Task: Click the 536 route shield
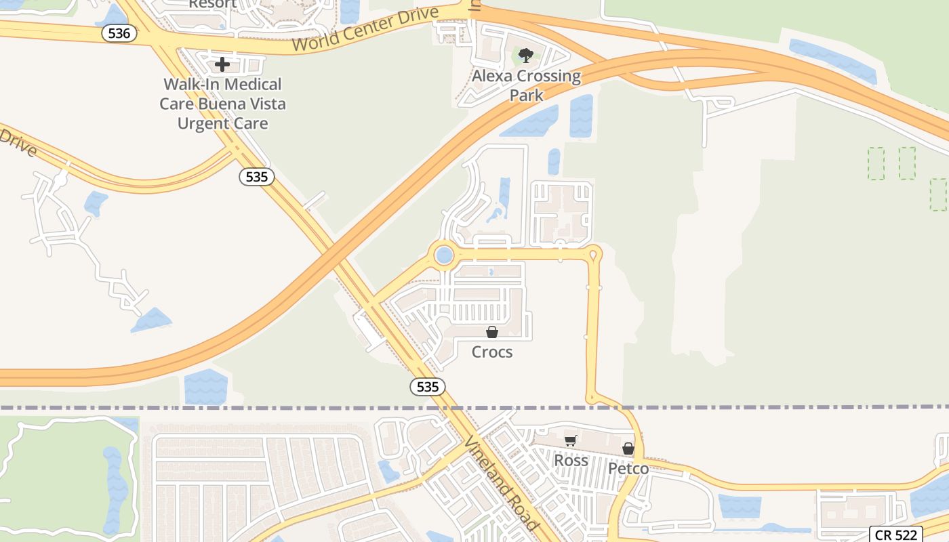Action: pos(119,33)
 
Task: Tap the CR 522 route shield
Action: pos(895,535)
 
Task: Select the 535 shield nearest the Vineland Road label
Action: pos(428,387)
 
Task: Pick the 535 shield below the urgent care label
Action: pos(257,178)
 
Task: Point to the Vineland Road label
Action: pos(502,482)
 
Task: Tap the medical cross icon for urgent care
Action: pos(222,64)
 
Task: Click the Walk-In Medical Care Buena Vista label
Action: pos(222,104)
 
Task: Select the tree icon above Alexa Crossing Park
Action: pos(526,55)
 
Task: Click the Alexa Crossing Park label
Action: pos(526,85)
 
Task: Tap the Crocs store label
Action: pos(492,352)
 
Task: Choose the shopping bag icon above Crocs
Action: pos(492,332)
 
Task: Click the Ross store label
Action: pos(571,460)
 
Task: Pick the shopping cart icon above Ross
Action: pos(571,440)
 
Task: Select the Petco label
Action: pos(628,468)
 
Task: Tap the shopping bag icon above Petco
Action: pos(628,449)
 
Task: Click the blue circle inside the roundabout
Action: pos(444,255)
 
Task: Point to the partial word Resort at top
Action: pos(212,5)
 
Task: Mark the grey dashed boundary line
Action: pos(203,408)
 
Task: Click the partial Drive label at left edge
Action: pos(17,142)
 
